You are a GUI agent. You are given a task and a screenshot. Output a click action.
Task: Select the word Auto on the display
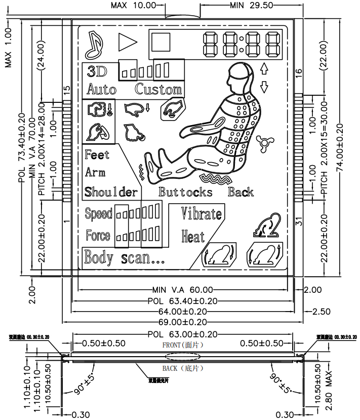(x=101, y=90)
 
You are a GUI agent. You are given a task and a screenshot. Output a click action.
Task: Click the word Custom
(x=158, y=89)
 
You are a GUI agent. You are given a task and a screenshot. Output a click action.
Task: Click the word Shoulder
(x=111, y=192)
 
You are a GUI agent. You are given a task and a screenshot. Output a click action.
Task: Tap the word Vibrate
(x=202, y=214)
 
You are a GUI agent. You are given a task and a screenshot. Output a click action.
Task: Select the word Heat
(x=193, y=236)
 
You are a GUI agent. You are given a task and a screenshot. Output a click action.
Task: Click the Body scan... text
(x=124, y=257)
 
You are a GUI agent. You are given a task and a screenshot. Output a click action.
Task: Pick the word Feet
(x=97, y=154)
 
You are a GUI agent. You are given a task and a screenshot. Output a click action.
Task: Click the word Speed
(x=98, y=214)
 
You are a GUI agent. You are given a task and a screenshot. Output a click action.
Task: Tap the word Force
(x=98, y=236)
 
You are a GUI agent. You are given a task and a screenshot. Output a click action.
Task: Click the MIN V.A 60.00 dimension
(x=182, y=290)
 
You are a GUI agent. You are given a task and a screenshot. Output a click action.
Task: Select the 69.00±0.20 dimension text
(x=182, y=322)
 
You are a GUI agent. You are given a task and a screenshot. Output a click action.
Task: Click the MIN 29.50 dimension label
(x=251, y=5)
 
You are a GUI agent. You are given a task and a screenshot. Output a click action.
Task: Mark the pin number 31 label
(x=299, y=221)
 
